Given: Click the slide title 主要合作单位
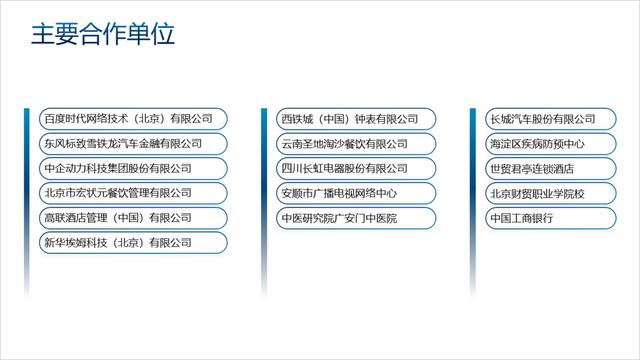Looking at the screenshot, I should (103, 35).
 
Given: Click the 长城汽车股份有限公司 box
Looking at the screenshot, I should (544, 119).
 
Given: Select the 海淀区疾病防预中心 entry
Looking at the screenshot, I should (544, 144).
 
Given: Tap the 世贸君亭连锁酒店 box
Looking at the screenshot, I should (544, 168).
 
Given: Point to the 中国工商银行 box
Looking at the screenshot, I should (544, 217).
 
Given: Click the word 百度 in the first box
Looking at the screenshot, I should (53, 119).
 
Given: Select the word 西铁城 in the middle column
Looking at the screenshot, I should (297, 119).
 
